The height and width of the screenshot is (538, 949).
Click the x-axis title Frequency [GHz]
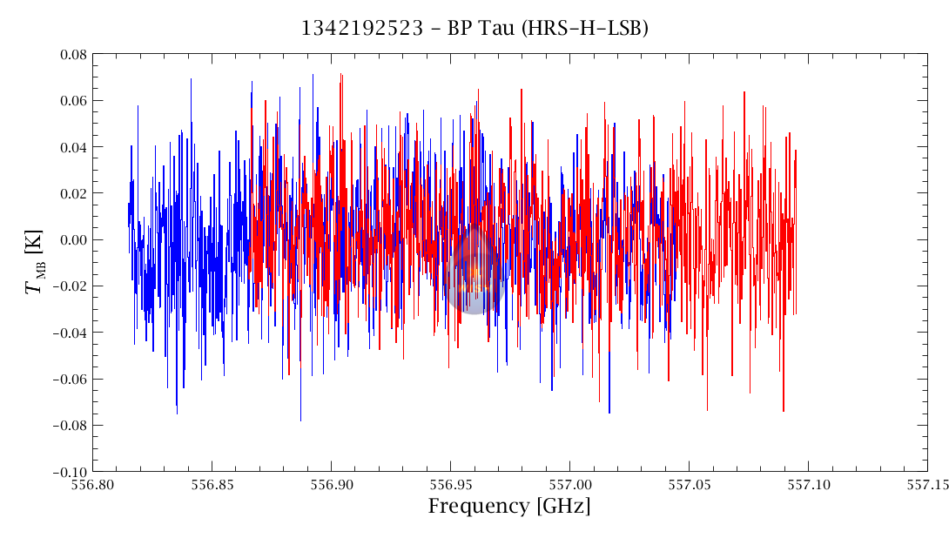(x=508, y=507)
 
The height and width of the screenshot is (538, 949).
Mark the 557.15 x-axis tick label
(x=925, y=485)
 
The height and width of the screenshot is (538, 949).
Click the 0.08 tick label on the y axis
(x=71, y=55)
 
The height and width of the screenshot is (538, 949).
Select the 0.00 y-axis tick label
(x=71, y=240)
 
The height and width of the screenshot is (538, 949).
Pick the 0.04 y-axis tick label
(x=71, y=147)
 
